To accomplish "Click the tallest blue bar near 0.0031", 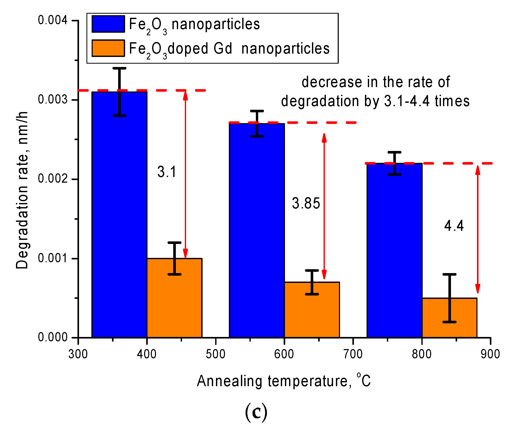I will [119, 214].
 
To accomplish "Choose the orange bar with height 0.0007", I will [312, 309].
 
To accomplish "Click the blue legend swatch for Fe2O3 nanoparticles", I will [108, 24].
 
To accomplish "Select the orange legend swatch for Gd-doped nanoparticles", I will [108, 48].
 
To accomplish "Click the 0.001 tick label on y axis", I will [53, 258].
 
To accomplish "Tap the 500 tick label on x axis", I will [215, 354].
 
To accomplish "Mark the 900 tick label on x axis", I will [490, 354].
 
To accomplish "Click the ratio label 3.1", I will [167, 172].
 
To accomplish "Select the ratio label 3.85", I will [306, 203].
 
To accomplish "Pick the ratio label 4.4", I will [454, 226].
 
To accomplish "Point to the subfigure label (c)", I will [256, 412].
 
